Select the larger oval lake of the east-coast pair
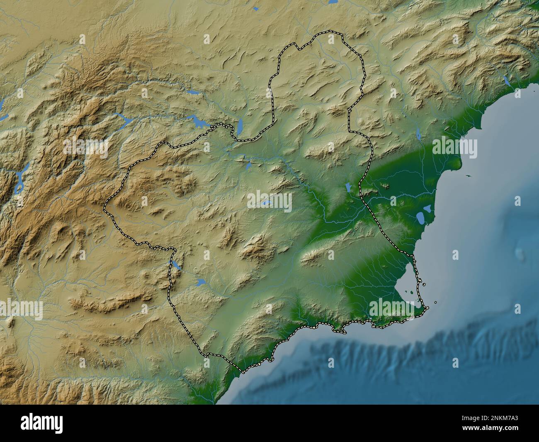pyautogui.click(x=421, y=217)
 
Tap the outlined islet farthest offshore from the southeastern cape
pyautogui.click(x=435, y=302)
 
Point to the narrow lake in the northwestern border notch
pyautogui.click(x=239, y=127)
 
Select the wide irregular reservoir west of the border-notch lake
pyautogui.click(x=196, y=121)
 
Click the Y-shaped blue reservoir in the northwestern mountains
pyautogui.click(x=123, y=118)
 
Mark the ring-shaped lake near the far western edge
pyautogui.click(x=19, y=183)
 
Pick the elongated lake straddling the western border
pyautogui.click(x=176, y=265)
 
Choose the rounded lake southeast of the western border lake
pyautogui.click(x=201, y=282)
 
